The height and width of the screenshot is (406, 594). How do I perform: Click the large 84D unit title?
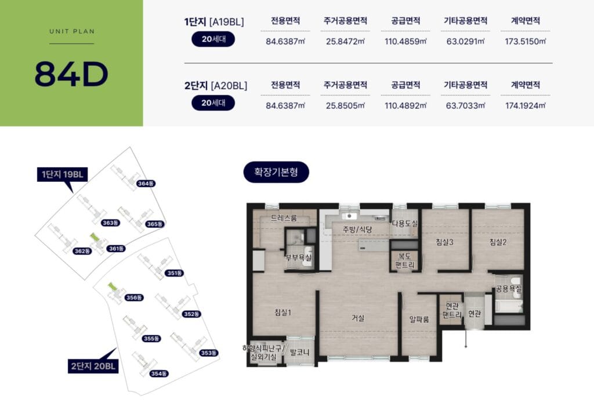tap(71, 74)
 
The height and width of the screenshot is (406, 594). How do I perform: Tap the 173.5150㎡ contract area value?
tap(525, 41)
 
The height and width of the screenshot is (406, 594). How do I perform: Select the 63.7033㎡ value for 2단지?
tap(465, 106)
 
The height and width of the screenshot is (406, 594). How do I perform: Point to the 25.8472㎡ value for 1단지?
tap(345, 41)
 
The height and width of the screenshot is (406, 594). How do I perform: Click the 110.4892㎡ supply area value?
tap(405, 106)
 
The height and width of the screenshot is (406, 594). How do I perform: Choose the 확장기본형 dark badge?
tap(276, 172)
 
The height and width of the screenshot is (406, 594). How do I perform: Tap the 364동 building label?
tap(146, 184)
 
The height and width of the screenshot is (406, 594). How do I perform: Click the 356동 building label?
tap(134, 297)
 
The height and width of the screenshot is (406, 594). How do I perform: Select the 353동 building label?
tap(209, 353)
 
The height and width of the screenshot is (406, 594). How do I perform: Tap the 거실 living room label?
tap(358, 318)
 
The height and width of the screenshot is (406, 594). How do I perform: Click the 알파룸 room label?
tap(419, 319)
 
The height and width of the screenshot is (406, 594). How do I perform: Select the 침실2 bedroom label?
tap(498, 242)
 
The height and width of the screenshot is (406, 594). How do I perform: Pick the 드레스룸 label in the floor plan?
tap(284, 218)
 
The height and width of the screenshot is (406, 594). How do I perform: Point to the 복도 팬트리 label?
tap(404, 260)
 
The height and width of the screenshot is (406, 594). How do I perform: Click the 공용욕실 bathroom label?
tap(508, 289)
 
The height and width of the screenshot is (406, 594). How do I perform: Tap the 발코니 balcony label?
tap(299, 352)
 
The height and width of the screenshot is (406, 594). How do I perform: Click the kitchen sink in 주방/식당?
tap(349, 216)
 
